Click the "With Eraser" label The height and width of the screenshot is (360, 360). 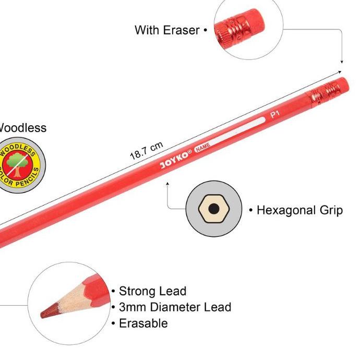167,30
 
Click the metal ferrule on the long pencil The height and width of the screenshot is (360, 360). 323,94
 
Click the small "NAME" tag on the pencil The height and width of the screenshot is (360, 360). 202,148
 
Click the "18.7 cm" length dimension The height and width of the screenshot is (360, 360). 146,151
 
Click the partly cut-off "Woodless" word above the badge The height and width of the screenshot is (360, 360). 23,128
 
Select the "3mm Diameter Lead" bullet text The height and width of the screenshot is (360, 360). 175,307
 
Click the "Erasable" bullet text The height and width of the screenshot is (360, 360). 143,323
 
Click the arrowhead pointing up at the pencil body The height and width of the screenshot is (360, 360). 167,183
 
